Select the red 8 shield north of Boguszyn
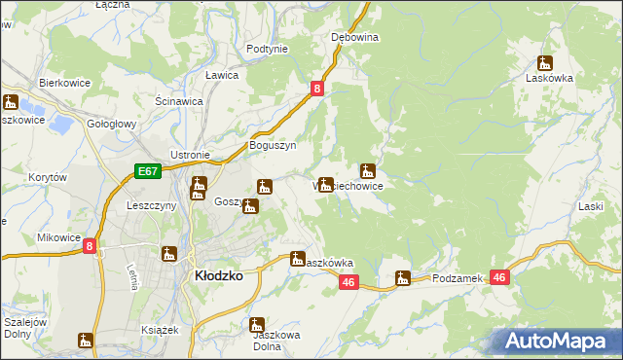tap(317, 89)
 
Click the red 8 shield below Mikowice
tap(90, 247)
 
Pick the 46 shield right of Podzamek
tap(499, 277)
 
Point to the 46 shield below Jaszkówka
tap(349, 282)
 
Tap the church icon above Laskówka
tap(545, 62)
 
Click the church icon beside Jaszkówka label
tap(298, 258)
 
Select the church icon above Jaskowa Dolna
tap(258, 325)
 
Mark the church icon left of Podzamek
tap(403, 279)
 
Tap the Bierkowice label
tap(64, 84)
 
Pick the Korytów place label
tap(47, 178)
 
